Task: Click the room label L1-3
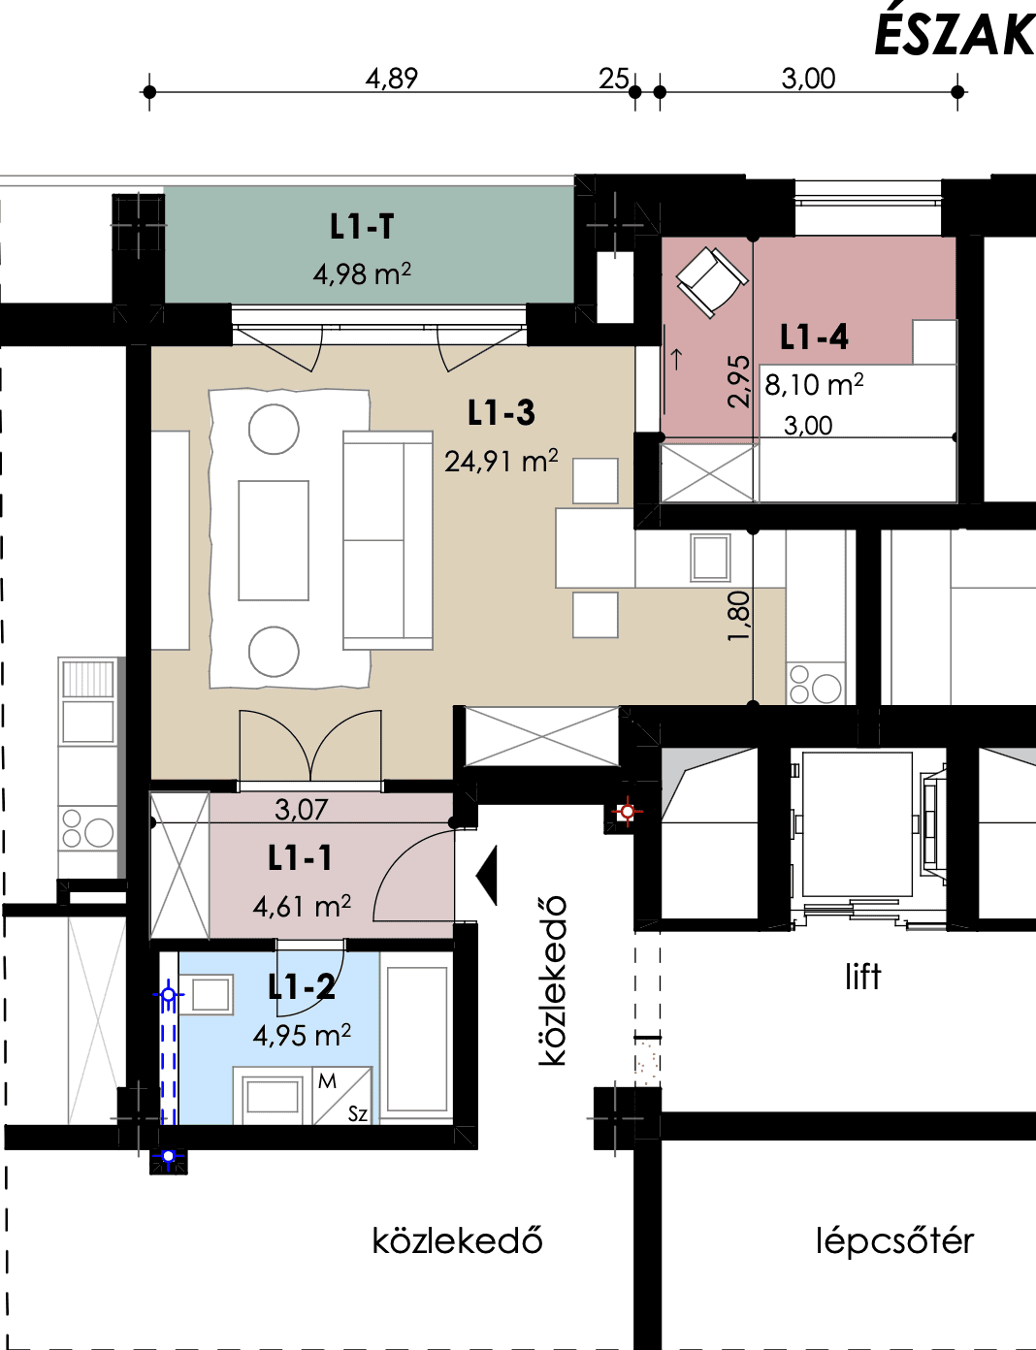tap(502, 413)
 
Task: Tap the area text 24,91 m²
tap(502, 462)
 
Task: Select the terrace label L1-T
tap(362, 227)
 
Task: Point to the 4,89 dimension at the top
tap(391, 79)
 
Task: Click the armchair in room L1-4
tap(712, 282)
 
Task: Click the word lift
tap(862, 978)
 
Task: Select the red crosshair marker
tap(628, 812)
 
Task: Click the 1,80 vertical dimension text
tap(738, 616)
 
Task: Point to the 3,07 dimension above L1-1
tap(302, 810)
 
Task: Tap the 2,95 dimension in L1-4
tap(738, 381)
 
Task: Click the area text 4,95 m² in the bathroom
tap(302, 1036)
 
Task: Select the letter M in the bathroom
tap(327, 1081)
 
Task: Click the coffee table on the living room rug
tap(274, 540)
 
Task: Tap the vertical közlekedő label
tap(553, 980)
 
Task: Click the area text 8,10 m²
tap(814, 385)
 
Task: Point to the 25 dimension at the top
tap(614, 79)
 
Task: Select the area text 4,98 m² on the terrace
tap(362, 273)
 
